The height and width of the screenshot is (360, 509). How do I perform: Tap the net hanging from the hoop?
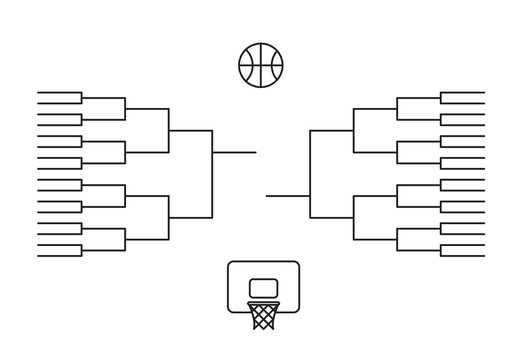(262, 315)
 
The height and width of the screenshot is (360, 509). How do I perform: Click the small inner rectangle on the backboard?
(262, 288)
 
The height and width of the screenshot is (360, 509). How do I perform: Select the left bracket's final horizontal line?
(235, 152)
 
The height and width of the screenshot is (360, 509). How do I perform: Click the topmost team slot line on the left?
(59, 93)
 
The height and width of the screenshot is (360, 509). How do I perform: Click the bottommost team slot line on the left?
(59, 256)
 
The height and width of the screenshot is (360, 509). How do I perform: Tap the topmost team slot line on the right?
(462, 93)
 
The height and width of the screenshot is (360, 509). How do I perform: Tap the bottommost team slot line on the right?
(462, 256)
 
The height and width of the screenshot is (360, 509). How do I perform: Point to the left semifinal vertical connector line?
(213, 173)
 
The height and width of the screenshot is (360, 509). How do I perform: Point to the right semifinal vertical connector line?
(311, 173)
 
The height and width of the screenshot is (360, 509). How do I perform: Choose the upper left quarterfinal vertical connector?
(169, 130)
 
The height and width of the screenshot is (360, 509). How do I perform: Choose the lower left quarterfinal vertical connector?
(169, 217)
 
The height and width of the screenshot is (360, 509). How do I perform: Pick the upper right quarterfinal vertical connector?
(354, 130)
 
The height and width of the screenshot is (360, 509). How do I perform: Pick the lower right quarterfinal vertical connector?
(354, 217)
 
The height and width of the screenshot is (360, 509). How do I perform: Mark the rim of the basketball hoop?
(262, 301)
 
